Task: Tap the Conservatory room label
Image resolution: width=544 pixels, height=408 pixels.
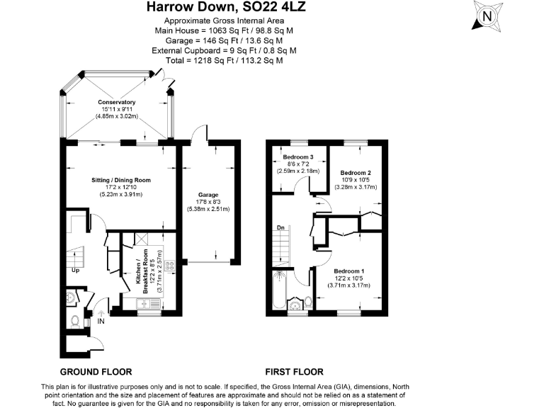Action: tap(117, 103)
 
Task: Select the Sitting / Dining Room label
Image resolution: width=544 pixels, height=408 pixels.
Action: tap(120, 181)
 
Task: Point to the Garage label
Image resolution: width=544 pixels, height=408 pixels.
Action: tap(208, 195)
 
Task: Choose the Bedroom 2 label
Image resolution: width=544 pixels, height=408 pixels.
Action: tap(356, 173)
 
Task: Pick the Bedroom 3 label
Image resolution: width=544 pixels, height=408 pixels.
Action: tap(297, 157)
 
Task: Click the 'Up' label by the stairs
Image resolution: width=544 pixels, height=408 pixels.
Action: tap(74, 270)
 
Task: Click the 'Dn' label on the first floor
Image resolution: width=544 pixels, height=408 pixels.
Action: tap(280, 228)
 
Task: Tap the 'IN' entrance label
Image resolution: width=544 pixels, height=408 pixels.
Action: tap(101, 322)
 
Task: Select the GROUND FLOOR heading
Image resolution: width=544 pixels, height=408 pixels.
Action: tap(96, 372)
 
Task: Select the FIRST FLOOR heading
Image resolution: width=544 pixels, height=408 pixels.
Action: tap(294, 372)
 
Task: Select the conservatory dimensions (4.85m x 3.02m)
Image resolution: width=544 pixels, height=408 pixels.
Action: tap(117, 115)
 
